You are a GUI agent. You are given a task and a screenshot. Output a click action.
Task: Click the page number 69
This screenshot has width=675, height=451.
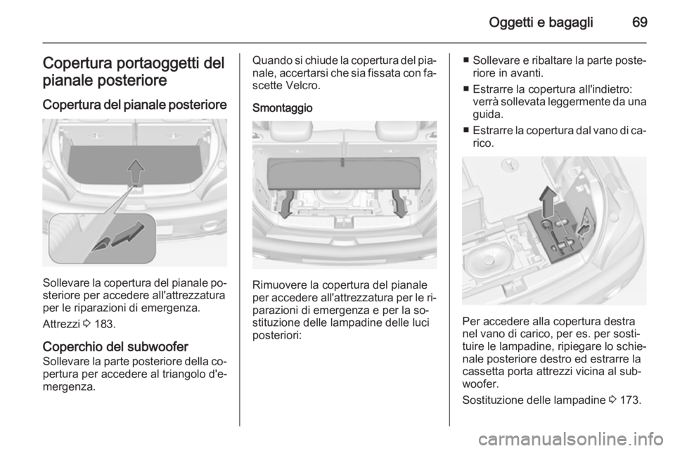(x=640, y=22)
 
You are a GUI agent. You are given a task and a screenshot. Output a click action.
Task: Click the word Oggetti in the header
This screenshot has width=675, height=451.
(x=511, y=22)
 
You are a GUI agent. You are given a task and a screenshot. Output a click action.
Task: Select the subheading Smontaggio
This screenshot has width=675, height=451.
(x=283, y=108)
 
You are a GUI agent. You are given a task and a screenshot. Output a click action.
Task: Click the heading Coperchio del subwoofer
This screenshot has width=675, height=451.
(x=115, y=346)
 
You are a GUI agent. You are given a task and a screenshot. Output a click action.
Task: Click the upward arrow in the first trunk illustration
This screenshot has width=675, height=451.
(x=136, y=171)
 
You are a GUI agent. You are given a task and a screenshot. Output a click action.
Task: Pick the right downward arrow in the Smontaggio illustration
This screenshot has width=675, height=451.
(x=400, y=204)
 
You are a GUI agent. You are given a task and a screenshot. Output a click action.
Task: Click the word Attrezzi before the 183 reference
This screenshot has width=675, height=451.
(x=61, y=324)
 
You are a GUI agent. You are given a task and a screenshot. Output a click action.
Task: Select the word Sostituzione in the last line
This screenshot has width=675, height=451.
(x=490, y=400)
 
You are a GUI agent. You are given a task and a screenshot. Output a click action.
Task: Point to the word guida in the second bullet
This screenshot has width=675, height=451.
(x=487, y=115)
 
